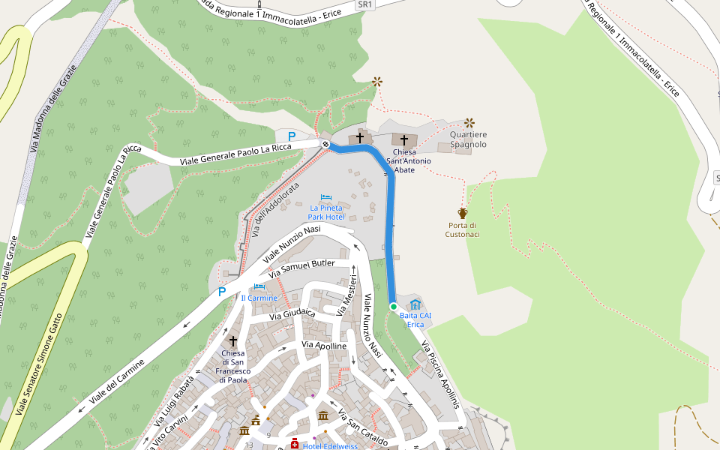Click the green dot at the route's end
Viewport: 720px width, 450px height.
click(393, 306)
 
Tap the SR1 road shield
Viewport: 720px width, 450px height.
click(365, 4)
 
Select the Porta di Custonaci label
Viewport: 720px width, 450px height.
click(462, 229)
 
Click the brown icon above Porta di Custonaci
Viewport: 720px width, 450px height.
click(463, 214)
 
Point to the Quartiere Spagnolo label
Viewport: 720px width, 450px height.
click(469, 139)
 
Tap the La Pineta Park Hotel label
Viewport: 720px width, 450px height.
click(326, 212)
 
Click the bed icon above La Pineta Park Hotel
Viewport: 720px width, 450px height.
click(326, 197)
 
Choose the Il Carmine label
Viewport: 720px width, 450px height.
click(259, 298)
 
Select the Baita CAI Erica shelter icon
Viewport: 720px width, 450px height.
click(415, 304)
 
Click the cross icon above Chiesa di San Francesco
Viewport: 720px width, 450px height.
click(232, 340)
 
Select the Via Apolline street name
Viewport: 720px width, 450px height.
click(324, 345)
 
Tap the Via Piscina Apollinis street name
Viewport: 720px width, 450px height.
click(440, 374)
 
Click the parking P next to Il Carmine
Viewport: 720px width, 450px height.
click(222, 292)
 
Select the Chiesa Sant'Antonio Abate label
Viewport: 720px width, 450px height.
click(409, 160)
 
